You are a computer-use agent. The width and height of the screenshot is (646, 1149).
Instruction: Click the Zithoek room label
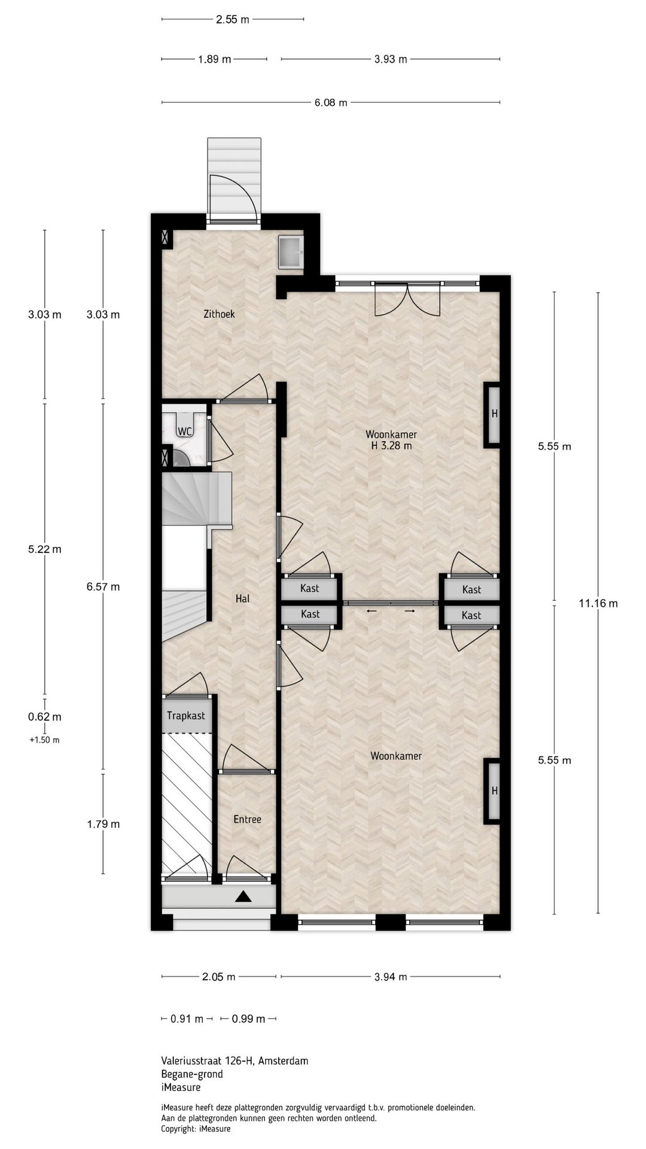tap(219, 314)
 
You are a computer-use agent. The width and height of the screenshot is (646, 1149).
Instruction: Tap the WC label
tap(184, 431)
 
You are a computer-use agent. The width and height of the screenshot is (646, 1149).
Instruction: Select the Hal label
tap(242, 598)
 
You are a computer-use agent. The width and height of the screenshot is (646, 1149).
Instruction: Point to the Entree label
tap(247, 819)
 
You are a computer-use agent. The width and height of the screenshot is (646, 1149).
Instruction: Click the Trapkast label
tap(186, 716)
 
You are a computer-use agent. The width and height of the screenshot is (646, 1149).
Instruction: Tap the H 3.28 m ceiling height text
tap(391, 445)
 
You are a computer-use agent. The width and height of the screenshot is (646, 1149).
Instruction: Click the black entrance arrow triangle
tap(242, 896)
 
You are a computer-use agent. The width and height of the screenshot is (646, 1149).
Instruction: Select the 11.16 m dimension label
tap(598, 603)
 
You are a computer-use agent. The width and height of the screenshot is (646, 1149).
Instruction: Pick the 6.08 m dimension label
tap(331, 102)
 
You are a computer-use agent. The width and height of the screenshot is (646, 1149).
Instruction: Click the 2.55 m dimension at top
tap(233, 19)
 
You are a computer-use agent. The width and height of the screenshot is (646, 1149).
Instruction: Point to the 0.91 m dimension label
tap(187, 1019)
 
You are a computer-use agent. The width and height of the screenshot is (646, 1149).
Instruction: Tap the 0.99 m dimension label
tap(248, 1019)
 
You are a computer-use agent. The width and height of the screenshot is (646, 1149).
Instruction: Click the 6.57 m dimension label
tap(103, 587)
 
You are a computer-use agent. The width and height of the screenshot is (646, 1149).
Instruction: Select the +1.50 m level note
tap(45, 740)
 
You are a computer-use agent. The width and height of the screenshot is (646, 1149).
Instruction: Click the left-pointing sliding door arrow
tap(371, 611)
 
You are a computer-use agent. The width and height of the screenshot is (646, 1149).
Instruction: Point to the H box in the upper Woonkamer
tap(492, 414)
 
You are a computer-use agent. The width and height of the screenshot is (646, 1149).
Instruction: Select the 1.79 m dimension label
tap(103, 824)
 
